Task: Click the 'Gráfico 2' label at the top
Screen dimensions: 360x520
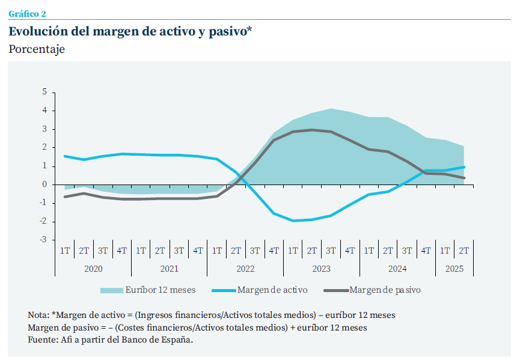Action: (26, 13)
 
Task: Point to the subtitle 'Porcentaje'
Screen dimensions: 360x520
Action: (36, 49)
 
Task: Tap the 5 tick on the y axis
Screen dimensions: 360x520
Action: (44, 92)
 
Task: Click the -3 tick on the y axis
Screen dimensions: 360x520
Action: (43, 240)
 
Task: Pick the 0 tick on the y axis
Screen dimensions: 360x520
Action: (44, 185)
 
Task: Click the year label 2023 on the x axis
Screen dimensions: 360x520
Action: (321, 269)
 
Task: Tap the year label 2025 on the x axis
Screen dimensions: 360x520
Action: (454, 269)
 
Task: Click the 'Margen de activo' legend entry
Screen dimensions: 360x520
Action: (272, 290)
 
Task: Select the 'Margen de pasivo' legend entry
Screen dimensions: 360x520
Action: (385, 290)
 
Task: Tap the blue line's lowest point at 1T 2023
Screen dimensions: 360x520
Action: (293, 221)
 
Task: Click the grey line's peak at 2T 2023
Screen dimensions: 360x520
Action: (312, 130)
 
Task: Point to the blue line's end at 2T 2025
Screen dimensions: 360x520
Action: (464, 167)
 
